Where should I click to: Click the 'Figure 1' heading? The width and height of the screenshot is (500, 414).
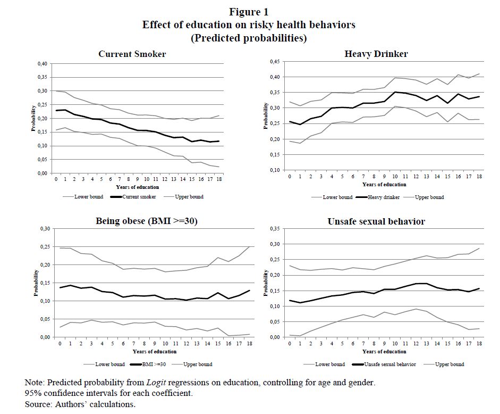click(249, 12)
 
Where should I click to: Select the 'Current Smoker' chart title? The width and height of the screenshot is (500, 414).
click(132, 54)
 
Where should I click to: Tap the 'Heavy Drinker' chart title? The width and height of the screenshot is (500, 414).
click(376, 54)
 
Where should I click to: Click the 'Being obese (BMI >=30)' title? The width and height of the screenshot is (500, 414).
click(148, 221)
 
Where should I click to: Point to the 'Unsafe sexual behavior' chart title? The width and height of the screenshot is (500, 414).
click(376, 221)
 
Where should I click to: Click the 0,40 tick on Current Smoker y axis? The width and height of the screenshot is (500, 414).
click(41, 64)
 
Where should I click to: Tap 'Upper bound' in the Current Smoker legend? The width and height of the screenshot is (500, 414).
click(189, 197)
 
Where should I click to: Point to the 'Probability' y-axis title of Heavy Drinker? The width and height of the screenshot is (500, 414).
click(266, 115)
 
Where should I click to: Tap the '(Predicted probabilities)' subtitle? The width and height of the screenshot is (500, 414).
click(249, 38)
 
